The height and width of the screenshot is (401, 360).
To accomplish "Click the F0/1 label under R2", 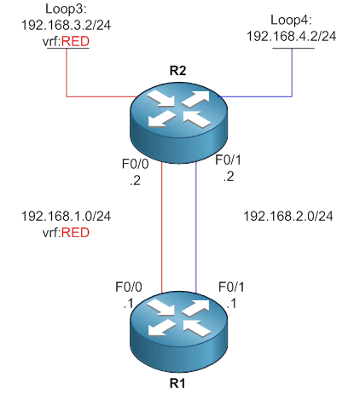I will point(223,160).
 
